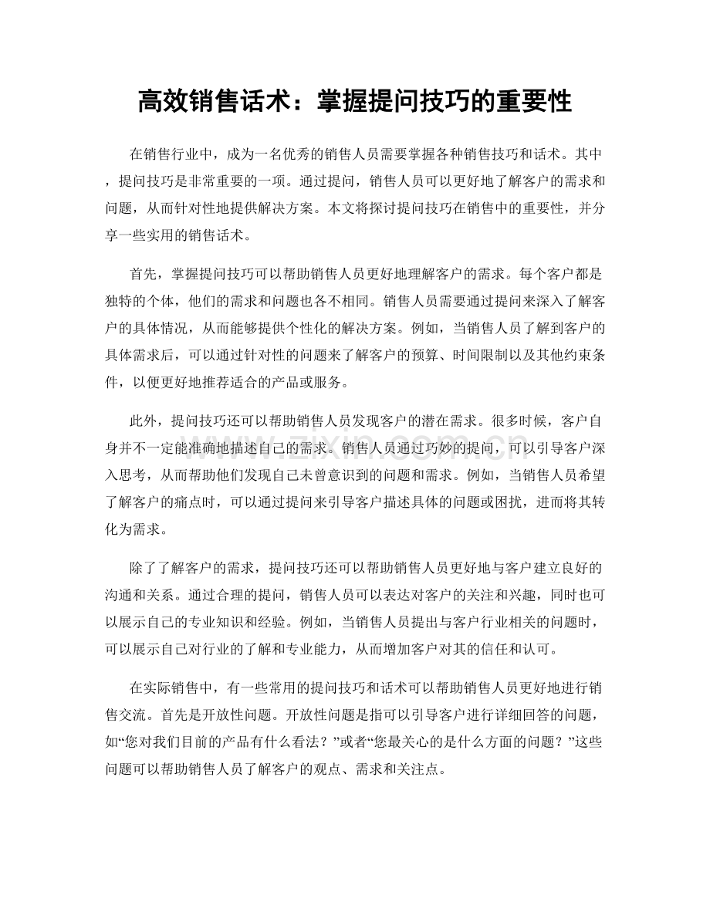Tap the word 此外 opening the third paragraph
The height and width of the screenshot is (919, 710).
click(144, 421)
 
